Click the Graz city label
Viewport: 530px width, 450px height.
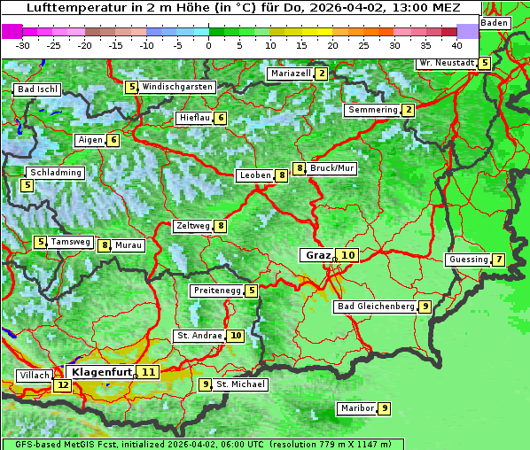pyautogui.click(x=317, y=255)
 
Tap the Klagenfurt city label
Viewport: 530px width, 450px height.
pyautogui.click(x=102, y=372)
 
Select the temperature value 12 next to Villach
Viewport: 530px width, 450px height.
pyautogui.click(x=62, y=385)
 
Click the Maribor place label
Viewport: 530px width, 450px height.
pyautogui.click(x=355, y=408)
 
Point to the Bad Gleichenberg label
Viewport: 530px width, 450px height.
pyautogui.click(x=376, y=306)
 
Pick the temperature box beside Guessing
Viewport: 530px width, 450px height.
pyautogui.click(x=499, y=260)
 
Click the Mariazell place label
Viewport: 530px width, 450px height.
pyautogui.click(x=290, y=74)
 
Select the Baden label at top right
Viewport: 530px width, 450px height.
pyautogui.click(x=495, y=22)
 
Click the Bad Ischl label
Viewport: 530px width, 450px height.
pyautogui.click(x=37, y=89)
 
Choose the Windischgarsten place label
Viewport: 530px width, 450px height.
pyautogui.click(x=177, y=87)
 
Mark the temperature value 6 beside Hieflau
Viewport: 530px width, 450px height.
pyautogui.click(x=221, y=118)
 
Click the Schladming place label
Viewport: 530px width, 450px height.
pyautogui.click(x=55, y=173)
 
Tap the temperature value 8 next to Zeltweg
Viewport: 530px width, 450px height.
pyautogui.click(x=221, y=226)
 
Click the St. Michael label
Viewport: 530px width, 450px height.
pyautogui.click(x=240, y=384)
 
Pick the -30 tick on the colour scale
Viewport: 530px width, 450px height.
pyautogui.click(x=23, y=44)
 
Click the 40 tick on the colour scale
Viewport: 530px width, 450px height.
pyautogui.click(x=456, y=44)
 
